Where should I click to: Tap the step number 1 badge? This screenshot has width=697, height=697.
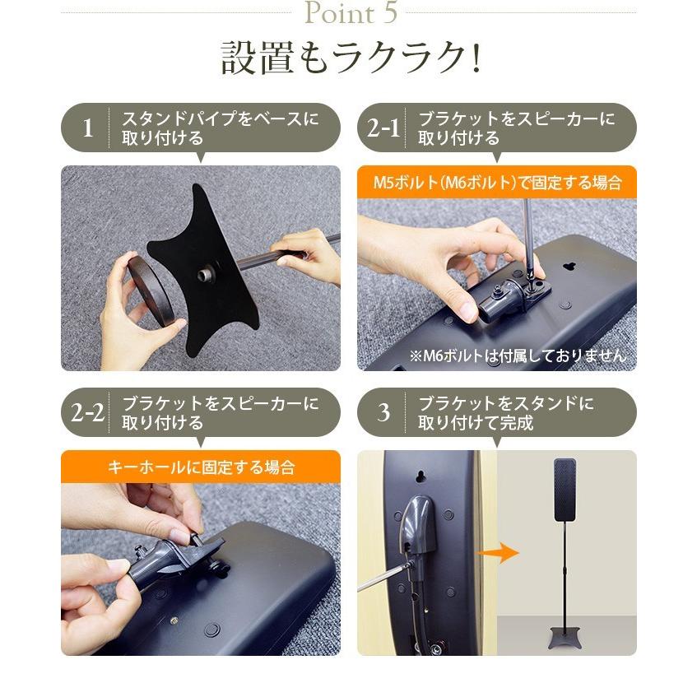(88, 128)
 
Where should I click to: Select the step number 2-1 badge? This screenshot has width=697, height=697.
(383, 128)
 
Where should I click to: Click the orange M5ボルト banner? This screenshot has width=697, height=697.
(496, 183)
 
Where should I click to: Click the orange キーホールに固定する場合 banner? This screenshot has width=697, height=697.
(200, 467)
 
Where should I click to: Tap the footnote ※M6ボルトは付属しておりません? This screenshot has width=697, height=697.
(517, 355)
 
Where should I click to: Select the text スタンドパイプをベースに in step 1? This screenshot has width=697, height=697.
(219, 118)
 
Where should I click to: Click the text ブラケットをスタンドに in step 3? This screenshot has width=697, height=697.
(505, 403)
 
